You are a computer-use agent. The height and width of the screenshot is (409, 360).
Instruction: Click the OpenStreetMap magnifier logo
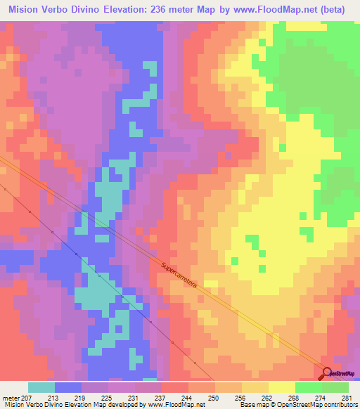click(x=327, y=373)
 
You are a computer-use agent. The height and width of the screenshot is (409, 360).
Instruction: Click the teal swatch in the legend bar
click(x=41, y=387)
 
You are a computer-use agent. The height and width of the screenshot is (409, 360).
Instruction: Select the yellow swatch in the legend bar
click(x=282, y=387)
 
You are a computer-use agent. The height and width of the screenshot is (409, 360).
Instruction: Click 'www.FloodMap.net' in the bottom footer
click(x=176, y=405)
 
